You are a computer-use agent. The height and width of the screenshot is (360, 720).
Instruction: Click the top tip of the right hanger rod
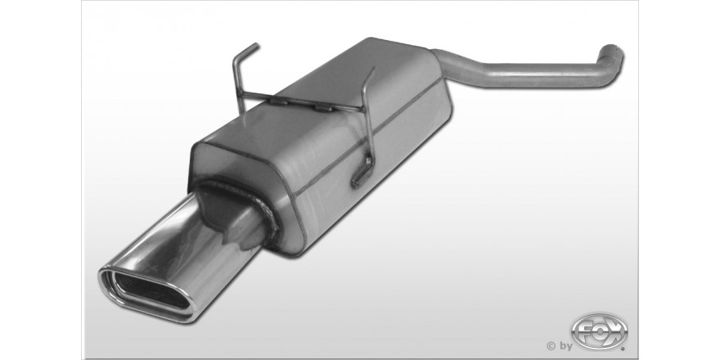(373, 69)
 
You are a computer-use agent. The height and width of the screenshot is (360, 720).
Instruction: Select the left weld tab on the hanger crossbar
(278, 101)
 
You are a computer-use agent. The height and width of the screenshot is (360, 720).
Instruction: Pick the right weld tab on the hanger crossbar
(323, 108)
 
